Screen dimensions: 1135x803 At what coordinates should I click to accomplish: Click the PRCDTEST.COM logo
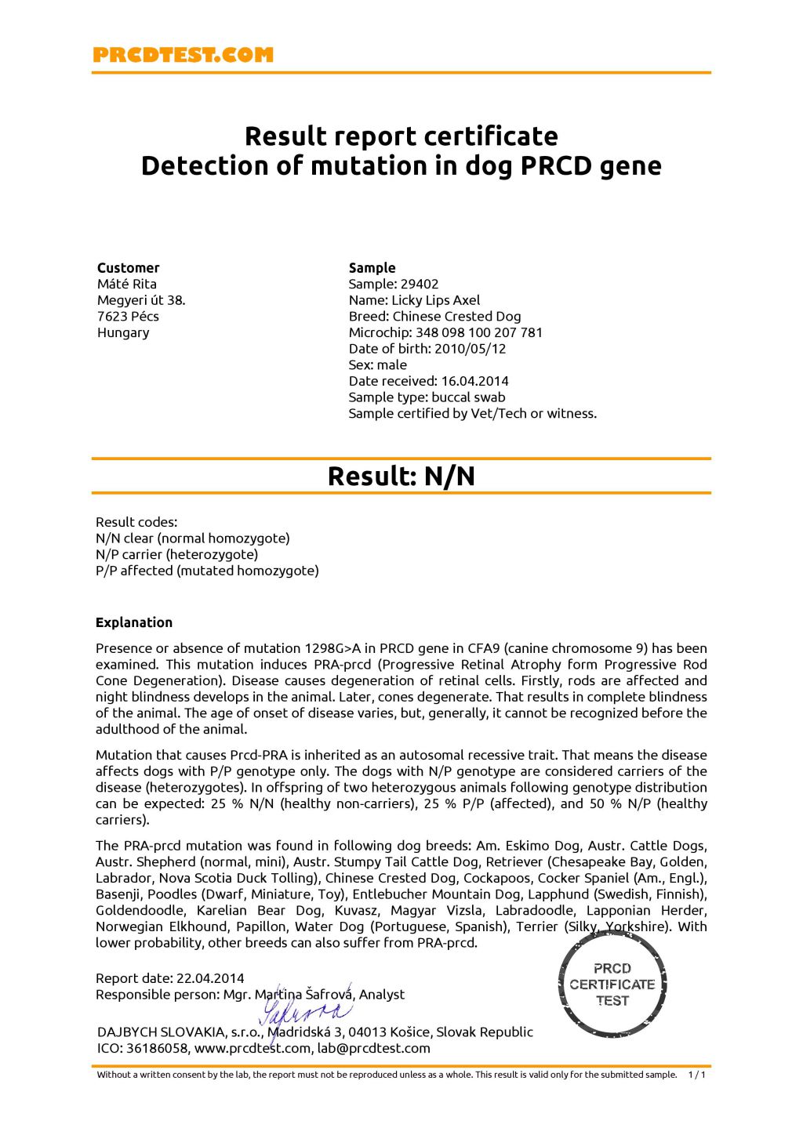pos(183,55)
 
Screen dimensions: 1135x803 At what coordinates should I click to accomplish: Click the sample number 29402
pos(420,284)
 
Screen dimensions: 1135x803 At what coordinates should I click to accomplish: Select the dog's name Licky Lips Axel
pos(436,300)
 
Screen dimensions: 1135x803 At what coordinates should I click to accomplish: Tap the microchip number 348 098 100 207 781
pos(479,332)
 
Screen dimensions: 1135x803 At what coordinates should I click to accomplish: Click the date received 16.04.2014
pos(474,381)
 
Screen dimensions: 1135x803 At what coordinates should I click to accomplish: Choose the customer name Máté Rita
pos(127,284)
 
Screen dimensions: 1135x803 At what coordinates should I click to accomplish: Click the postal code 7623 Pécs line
pos(128,317)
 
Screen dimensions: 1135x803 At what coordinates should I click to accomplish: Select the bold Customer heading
pos(128,267)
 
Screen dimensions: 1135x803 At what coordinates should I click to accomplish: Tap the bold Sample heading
pos(372,267)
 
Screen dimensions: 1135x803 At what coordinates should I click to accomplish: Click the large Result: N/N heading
pos(401,477)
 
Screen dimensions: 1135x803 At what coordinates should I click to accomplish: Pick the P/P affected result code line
pos(207,571)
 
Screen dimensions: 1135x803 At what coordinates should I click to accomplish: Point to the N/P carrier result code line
pos(176,554)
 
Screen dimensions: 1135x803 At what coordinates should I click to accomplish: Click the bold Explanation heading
pos(134,622)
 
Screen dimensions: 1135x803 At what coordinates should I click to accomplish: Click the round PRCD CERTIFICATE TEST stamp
pos(612,985)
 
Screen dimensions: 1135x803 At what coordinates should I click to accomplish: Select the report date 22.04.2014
pos(210,978)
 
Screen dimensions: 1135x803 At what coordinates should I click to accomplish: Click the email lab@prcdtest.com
pos(373,1048)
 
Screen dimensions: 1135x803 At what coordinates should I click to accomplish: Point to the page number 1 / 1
pos(696,1075)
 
